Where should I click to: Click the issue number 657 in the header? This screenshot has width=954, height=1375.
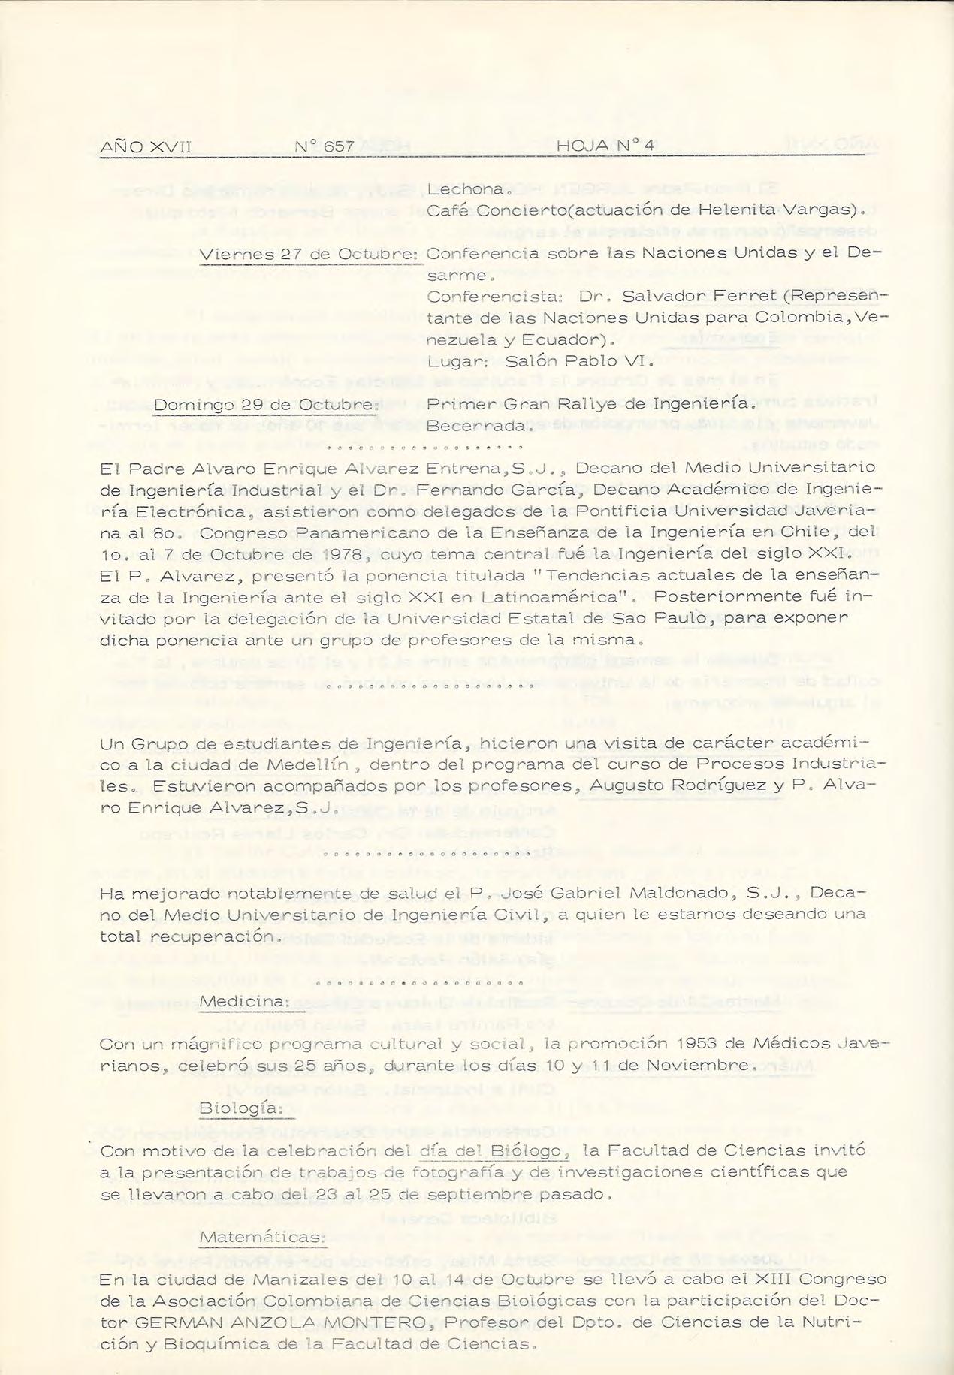(x=339, y=146)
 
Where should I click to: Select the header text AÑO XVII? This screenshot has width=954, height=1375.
(x=146, y=146)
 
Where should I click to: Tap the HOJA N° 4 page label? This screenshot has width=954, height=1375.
(x=605, y=146)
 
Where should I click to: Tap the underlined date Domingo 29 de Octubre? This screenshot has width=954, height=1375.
(x=264, y=405)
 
